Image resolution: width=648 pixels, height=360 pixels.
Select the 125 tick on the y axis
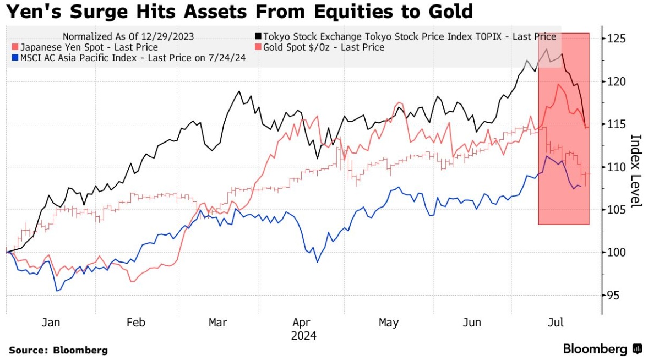point(617,39)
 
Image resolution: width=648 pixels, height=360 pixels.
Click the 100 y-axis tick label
point(617,253)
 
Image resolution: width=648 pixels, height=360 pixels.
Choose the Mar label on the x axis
point(219,323)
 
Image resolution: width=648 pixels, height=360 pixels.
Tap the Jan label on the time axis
point(51,323)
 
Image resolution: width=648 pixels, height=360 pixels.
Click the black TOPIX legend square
point(258,37)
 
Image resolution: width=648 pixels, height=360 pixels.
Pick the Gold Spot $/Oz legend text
point(324,47)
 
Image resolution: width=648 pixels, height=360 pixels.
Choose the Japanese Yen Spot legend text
point(88,47)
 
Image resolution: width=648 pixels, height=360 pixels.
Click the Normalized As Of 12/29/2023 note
point(128,37)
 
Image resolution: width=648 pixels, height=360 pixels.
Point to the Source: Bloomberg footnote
point(58,350)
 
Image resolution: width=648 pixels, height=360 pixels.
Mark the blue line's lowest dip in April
point(318,261)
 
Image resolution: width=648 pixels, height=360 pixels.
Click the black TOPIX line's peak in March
point(239,91)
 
